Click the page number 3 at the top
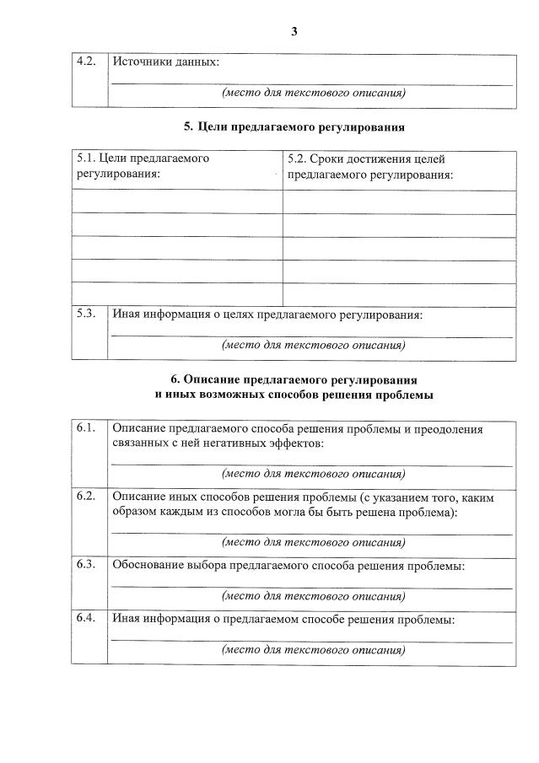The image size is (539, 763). [x=294, y=31]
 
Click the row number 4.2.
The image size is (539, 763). [x=87, y=62]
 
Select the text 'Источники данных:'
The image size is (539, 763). [x=165, y=62]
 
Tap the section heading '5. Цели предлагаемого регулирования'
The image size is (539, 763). [x=294, y=127]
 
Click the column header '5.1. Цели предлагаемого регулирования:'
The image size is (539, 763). [x=143, y=166]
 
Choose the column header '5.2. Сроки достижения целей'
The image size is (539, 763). [x=366, y=159]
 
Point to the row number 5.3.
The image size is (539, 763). [x=87, y=314]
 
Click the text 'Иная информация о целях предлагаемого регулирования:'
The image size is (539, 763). [x=267, y=314]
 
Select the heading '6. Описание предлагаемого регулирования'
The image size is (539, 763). [x=294, y=379]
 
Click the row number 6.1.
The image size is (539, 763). [x=87, y=428]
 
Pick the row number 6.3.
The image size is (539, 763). [x=87, y=564]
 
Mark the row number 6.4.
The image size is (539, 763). [x=87, y=618]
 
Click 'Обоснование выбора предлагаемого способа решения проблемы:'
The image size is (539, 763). [x=288, y=565]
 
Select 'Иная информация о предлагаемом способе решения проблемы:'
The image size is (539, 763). [x=283, y=619]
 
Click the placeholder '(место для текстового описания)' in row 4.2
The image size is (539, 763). [x=313, y=94]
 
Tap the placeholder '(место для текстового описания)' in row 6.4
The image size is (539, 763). [x=313, y=650]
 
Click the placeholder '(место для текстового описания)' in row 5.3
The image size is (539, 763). [x=313, y=345]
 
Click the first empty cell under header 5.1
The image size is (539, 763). [x=176, y=201]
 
